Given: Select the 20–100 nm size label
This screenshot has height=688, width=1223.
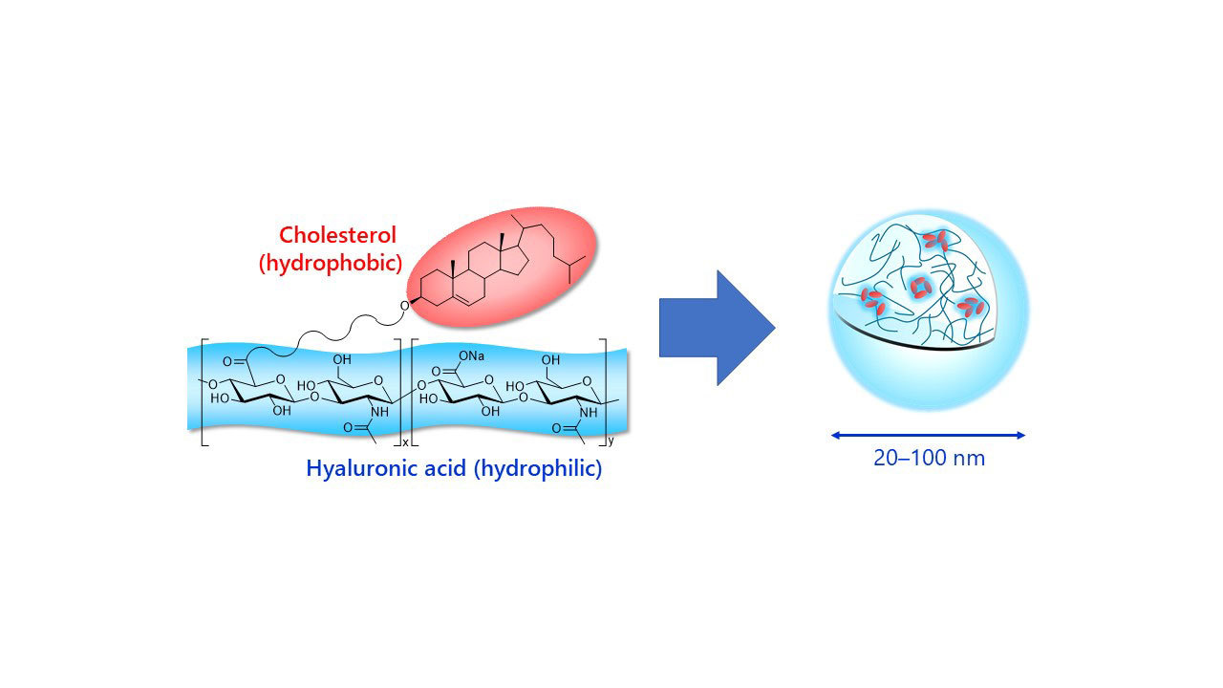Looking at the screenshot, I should tap(928, 458).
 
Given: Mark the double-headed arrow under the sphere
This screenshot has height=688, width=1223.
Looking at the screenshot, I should tap(928, 435).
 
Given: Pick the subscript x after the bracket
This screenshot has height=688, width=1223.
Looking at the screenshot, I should tap(405, 442).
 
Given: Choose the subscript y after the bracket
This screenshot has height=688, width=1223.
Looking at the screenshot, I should tap(611, 442).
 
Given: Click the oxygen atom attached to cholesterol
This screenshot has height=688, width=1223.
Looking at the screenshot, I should tap(404, 306).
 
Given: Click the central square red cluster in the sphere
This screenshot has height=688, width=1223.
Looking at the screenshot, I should tap(919, 287).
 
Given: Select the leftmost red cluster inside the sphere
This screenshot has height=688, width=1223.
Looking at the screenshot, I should tap(871, 300).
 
